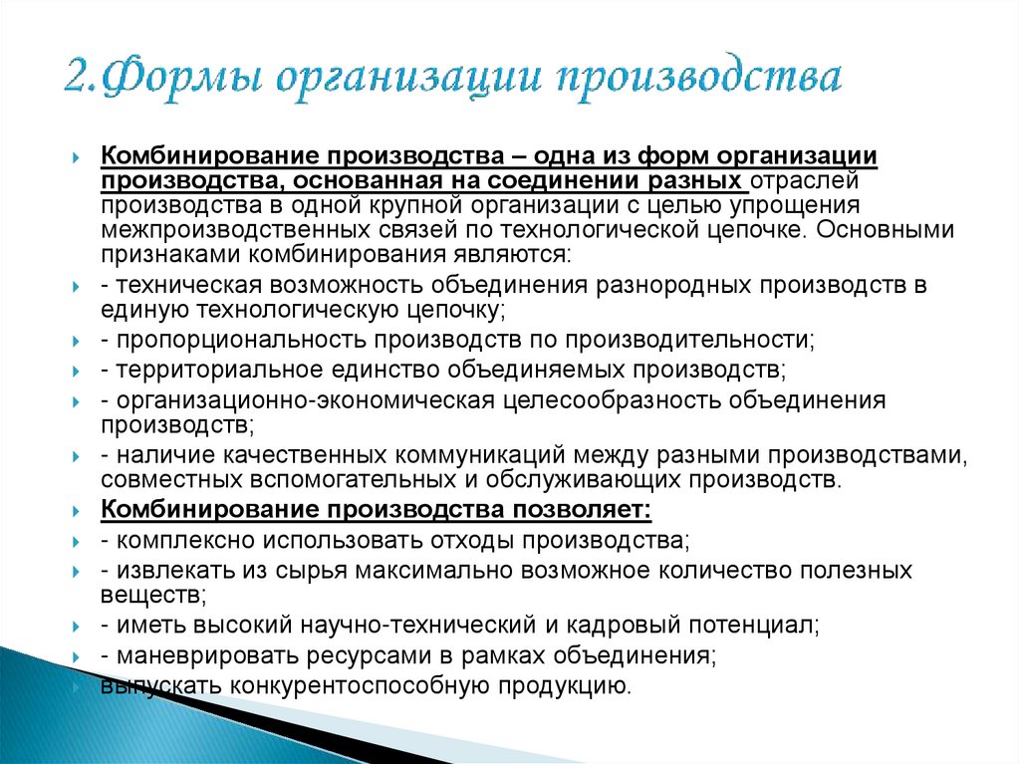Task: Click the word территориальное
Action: pos(210,370)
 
